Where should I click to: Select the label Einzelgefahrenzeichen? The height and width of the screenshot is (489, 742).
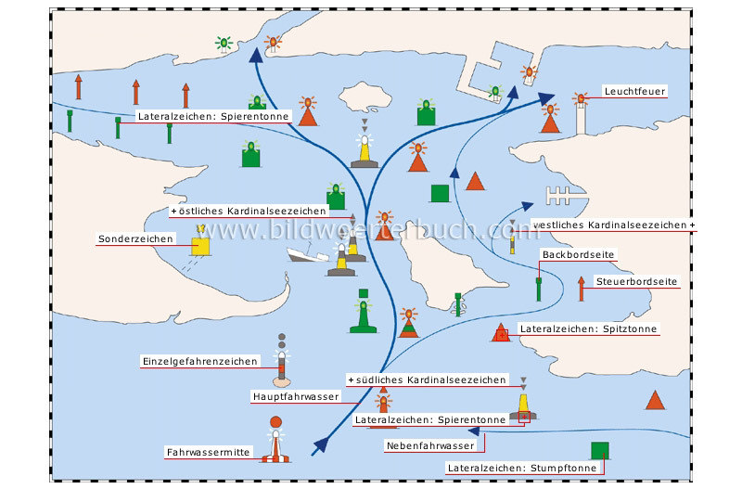click(x=198, y=362)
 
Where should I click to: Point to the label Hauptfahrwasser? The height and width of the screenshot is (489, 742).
click(x=296, y=396)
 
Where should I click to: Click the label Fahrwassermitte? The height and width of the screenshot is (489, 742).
click(x=208, y=453)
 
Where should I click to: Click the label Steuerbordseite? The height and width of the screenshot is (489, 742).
click(x=637, y=281)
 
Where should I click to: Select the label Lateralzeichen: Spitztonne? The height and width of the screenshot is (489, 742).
click(x=589, y=329)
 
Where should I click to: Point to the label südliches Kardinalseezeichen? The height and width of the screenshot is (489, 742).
click(x=429, y=380)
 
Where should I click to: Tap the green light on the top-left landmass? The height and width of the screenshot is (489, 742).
click(x=223, y=43)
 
